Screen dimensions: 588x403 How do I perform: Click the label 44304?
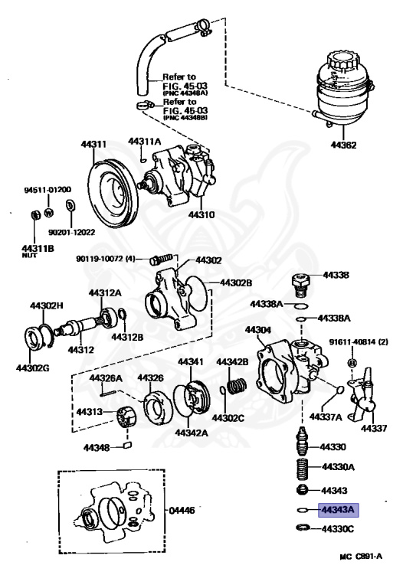tap(258, 330)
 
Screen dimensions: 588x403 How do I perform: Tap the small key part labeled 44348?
tap(127, 446)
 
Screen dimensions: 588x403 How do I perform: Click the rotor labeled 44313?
tap(124, 420)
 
